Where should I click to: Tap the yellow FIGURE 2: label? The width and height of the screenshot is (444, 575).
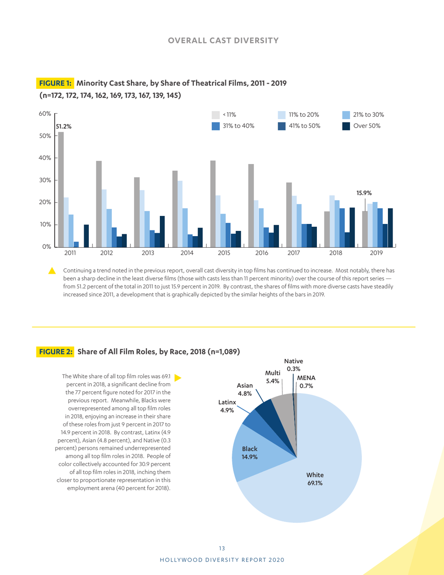(x=55, y=352)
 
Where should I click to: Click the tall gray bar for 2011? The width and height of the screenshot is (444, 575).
(x=61, y=189)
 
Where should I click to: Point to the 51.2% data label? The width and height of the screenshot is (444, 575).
(x=64, y=126)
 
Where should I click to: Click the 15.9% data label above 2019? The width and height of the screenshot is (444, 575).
(x=365, y=192)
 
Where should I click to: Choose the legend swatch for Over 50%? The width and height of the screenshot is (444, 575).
(x=346, y=126)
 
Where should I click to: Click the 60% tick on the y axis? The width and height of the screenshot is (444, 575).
(x=45, y=114)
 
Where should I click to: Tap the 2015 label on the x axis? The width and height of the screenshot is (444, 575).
(x=224, y=253)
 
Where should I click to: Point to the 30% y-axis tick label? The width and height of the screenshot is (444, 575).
(x=45, y=180)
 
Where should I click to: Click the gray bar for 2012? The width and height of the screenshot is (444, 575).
(x=99, y=203)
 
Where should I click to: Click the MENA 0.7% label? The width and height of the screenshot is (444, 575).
(x=307, y=381)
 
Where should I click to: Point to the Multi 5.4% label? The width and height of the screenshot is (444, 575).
(x=272, y=377)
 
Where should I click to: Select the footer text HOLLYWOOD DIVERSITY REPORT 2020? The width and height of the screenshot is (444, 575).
(x=222, y=560)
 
